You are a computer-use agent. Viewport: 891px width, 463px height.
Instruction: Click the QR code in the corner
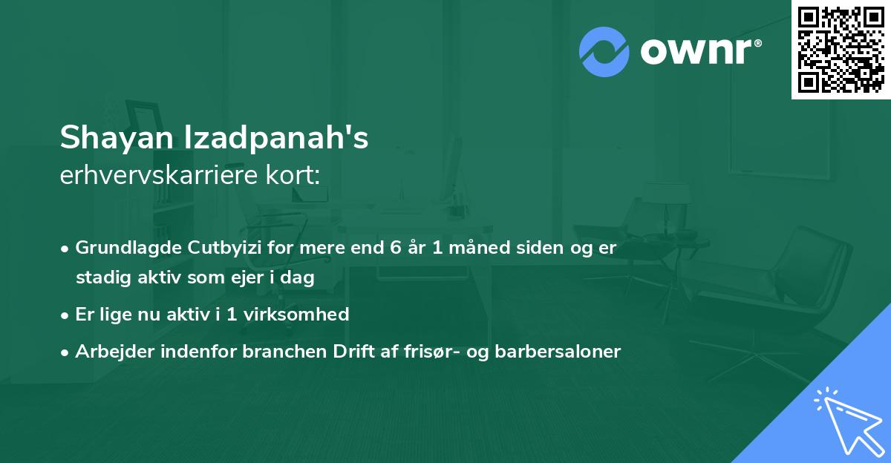(841, 50)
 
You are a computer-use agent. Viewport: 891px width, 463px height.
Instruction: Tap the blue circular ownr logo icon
(604, 51)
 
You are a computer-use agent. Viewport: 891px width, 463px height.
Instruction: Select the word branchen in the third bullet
(279, 352)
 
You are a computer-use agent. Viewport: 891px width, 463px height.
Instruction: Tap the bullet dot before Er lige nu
(66, 315)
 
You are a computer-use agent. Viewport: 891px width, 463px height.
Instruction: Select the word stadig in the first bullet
(99, 278)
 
